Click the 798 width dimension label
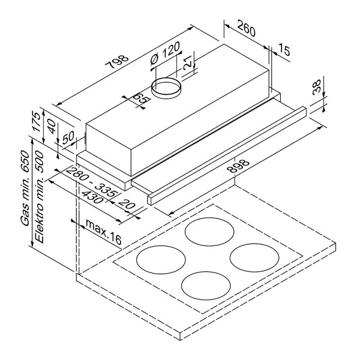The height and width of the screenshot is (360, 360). point(116,62)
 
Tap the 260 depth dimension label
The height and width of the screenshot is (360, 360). point(246,28)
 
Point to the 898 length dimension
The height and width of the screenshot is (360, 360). point(238,166)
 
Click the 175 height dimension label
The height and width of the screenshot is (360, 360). point(37,121)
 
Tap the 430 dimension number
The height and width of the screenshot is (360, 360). point(92,197)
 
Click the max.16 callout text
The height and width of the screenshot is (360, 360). point(103,231)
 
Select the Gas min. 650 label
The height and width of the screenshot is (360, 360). point(25,188)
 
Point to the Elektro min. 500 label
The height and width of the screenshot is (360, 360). point(39,197)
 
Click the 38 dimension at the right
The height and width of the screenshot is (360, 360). point(317,87)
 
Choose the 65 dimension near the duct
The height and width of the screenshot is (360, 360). point(141,98)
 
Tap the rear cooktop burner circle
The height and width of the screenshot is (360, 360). point(209,218)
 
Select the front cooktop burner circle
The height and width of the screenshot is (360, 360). point(206,272)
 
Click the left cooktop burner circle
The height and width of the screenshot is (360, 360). point(161,246)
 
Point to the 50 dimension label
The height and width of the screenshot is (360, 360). point(68,137)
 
